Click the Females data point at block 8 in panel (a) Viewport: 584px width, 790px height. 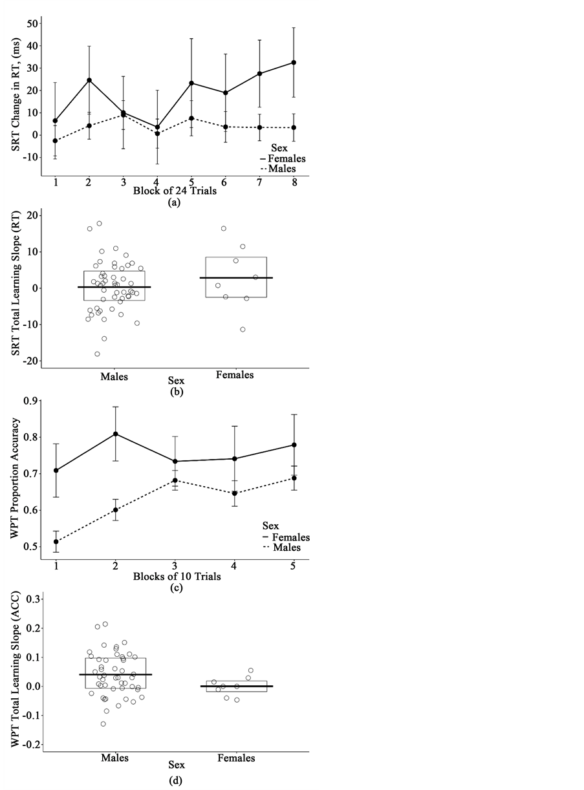(x=294, y=63)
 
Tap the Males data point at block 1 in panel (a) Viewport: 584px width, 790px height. (x=56, y=141)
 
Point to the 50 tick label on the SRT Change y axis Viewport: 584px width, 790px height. (x=28, y=23)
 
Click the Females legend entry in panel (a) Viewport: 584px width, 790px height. (x=284, y=158)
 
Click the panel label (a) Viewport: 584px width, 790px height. (x=173, y=202)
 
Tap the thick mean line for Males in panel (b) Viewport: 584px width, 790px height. (x=114, y=287)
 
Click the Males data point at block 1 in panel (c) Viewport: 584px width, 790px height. (x=56, y=542)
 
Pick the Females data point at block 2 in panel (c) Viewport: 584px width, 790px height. (x=116, y=434)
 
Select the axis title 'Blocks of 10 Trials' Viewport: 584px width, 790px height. (x=175, y=576)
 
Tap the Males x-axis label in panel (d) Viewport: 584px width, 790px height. (x=114, y=758)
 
